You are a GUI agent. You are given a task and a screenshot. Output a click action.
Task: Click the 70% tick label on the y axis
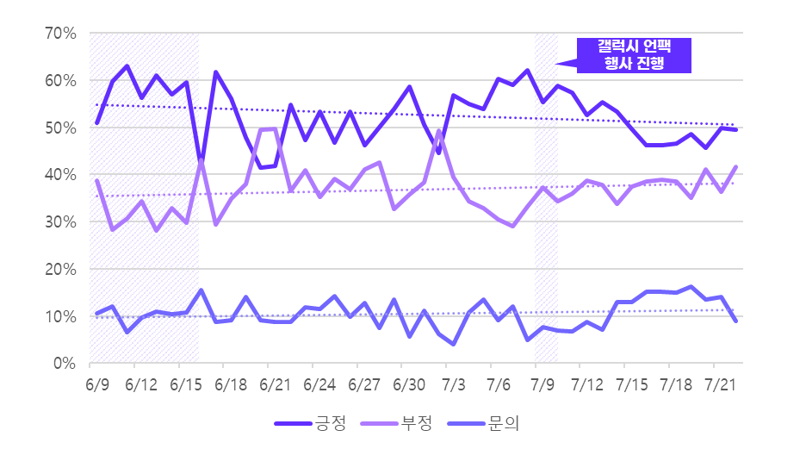point(63,34)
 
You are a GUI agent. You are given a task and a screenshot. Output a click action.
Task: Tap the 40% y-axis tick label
point(63,175)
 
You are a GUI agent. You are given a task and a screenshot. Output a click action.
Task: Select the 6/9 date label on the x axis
point(97,382)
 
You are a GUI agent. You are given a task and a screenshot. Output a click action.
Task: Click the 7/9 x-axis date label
point(543,382)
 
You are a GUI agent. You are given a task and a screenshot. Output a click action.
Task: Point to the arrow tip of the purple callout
point(556,63)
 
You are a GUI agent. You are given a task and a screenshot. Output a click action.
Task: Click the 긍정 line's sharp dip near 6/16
point(201,162)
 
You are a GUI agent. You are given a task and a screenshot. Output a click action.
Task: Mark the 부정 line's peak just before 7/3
point(438,131)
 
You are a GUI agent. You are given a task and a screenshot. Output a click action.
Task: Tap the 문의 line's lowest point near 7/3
point(453,344)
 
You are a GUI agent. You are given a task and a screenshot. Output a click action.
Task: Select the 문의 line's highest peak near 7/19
point(691,287)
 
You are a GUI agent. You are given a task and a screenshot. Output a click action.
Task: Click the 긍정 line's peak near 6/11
point(127,66)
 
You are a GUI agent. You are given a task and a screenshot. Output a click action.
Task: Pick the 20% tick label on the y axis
point(63,270)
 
